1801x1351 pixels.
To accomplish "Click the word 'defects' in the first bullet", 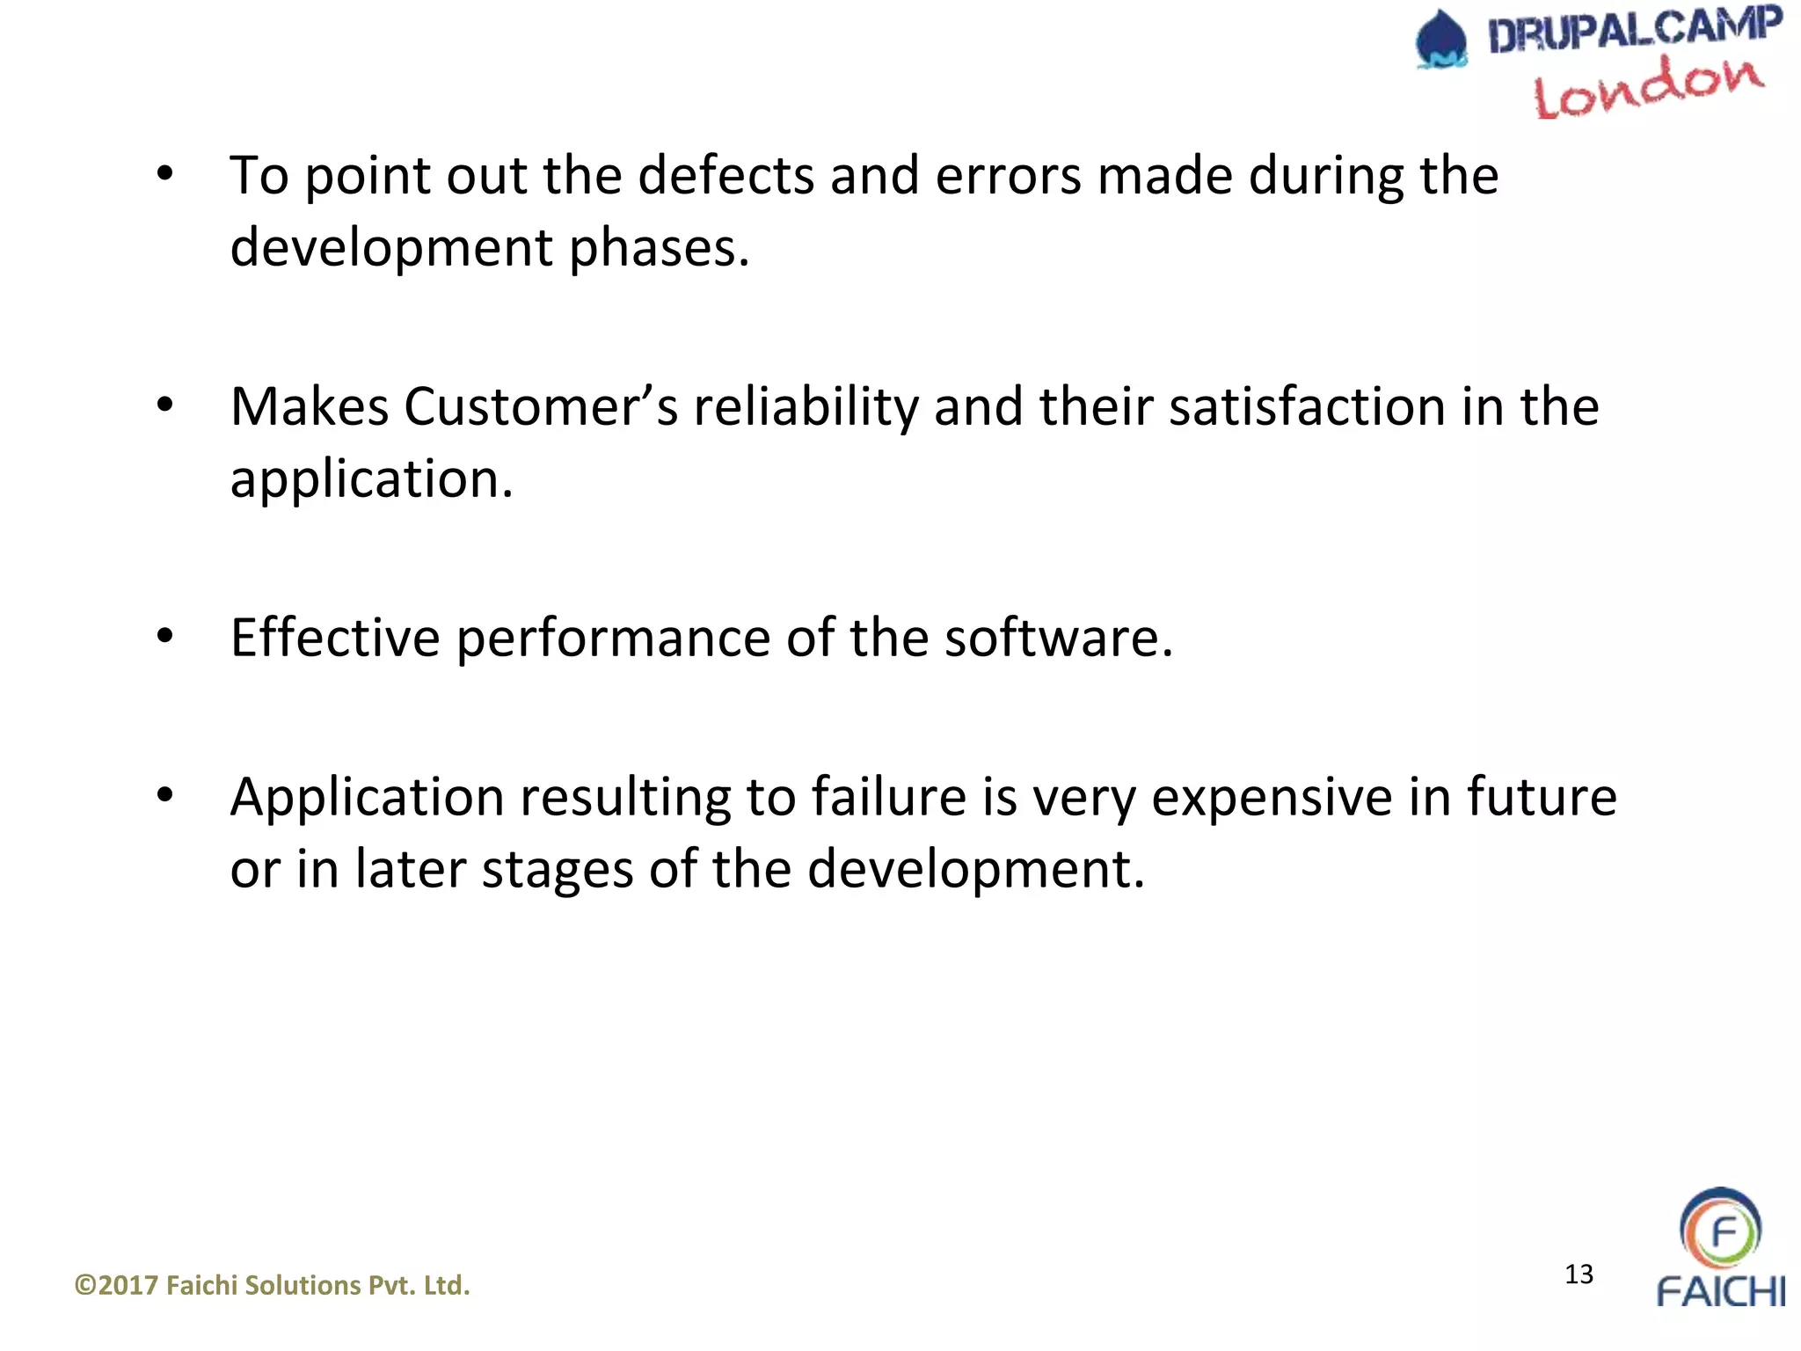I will click(x=726, y=176).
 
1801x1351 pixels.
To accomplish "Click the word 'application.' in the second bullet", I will click(x=371, y=480).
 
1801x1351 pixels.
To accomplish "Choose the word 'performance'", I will click(x=613, y=639).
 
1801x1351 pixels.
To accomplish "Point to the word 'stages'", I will click(x=557, y=871).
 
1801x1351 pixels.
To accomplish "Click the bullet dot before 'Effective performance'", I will click(x=165, y=635).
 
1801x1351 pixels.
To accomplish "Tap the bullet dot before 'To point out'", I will click(x=165, y=173).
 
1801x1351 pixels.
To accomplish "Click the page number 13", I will click(x=1579, y=1274).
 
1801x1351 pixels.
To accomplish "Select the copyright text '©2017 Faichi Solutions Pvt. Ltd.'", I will click(x=273, y=1286).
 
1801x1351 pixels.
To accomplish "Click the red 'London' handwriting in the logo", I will click(x=1648, y=88).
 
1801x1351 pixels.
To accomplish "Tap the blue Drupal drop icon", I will click(x=1441, y=40).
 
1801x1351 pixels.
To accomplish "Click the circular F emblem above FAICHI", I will click(x=1720, y=1229).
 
